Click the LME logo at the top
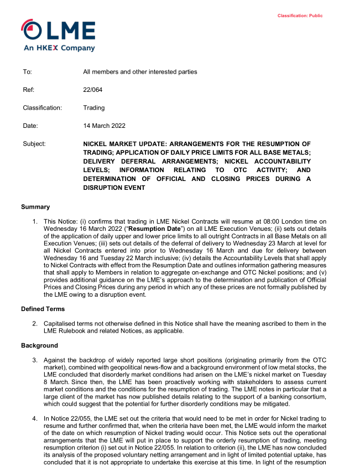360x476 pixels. [58, 31]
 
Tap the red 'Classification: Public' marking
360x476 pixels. [300, 16]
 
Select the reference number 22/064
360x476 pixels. [93, 90]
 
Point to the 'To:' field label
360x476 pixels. [28, 72]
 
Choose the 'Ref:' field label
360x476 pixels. [29, 90]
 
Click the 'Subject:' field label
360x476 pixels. [34, 143]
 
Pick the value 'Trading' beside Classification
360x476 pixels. [94, 108]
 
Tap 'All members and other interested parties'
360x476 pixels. [140, 72]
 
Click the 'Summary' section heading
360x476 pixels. [35, 207]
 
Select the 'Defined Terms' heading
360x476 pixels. [43, 309]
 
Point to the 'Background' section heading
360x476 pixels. [40, 345]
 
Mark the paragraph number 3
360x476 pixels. [35, 360]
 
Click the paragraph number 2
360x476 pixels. [35, 323]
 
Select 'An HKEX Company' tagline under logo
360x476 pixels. [59, 48]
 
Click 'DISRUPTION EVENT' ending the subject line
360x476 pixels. [114, 188]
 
